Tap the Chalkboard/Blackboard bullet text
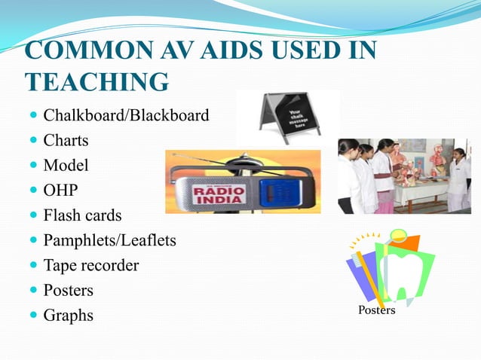click(126, 116)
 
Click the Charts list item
click(66, 141)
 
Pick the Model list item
click(66, 166)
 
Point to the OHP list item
click(60, 191)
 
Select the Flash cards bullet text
click(82, 215)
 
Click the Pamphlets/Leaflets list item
click(109, 240)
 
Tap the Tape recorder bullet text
click(90, 265)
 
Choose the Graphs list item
click(68, 315)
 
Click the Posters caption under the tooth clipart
click(376, 310)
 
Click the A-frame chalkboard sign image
click(287, 117)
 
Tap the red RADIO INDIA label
click(219, 195)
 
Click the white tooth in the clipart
click(403, 271)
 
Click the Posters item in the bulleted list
click(68, 290)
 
